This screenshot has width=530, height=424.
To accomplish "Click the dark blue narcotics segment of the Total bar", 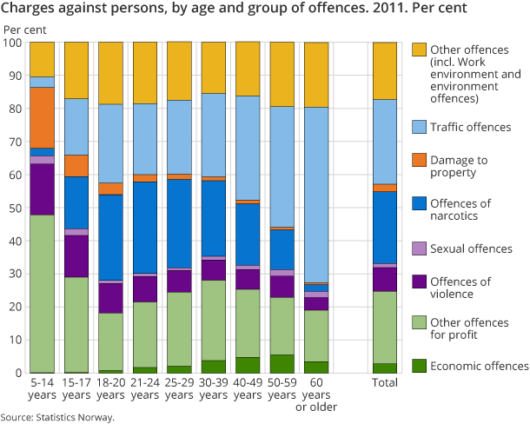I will point(384,228).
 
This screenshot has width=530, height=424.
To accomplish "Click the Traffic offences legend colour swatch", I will point(421,127).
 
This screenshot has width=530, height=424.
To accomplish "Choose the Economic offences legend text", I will point(480,366).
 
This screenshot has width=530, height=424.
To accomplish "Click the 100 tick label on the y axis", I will point(14,43).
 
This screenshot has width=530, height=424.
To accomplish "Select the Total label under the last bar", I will point(384,383).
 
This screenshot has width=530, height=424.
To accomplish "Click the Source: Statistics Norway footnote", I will point(57,417).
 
